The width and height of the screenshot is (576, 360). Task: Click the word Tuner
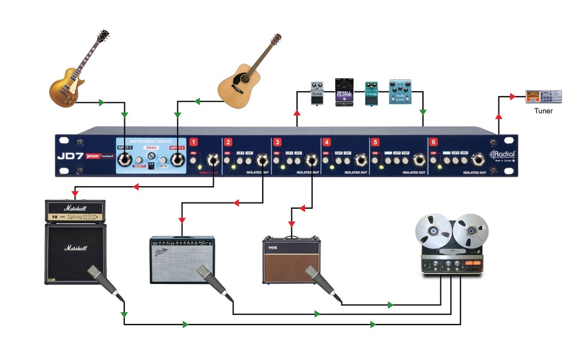pyautogui.click(x=543, y=111)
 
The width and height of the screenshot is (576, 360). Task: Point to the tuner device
pyautogui.click(x=543, y=96)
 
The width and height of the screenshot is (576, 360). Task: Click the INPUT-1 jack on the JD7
pyautogui.click(x=124, y=161)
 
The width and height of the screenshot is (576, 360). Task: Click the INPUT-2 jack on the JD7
pyautogui.click(x=178, y=161)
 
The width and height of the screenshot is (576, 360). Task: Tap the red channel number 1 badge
pyautogui.click(x=194, y=142)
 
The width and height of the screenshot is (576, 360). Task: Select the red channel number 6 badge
pyautogui.click(x=433, y=142)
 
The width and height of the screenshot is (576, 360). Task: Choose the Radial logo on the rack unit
pyautogui.click(x=502, y=155)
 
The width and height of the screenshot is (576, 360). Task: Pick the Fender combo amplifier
pyautogui.click(x=182, y=259)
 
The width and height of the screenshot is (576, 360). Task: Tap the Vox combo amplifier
pyautogui.click(x=291, y=259)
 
